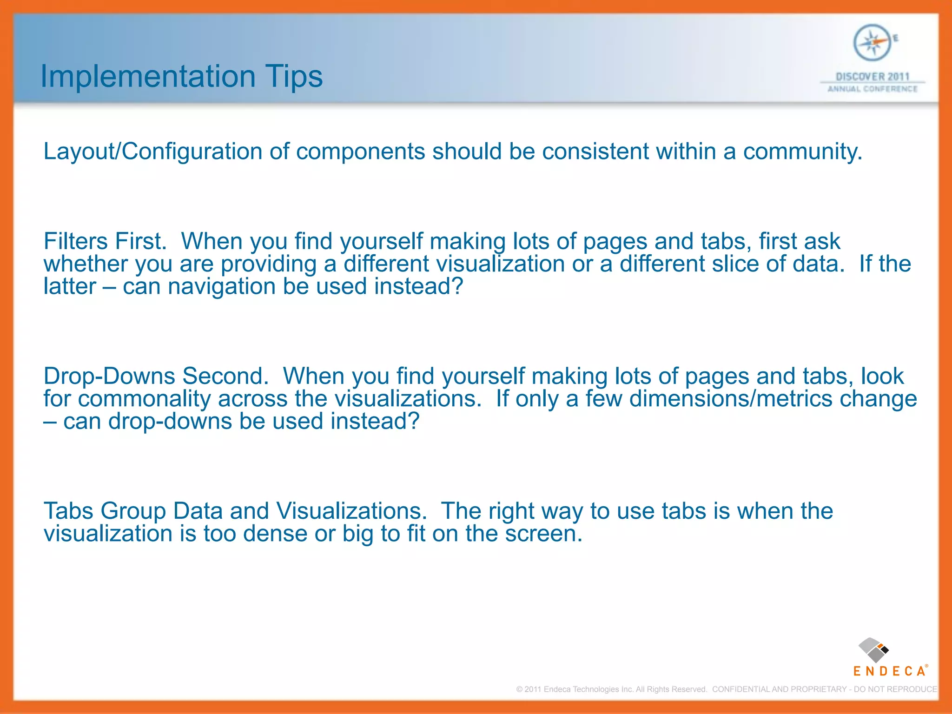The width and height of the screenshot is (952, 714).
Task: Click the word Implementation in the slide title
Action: tap(148, 76)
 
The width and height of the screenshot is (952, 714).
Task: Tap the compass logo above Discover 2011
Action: tap(872, 43)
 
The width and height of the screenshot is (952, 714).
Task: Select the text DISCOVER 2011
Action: tap(872, 77)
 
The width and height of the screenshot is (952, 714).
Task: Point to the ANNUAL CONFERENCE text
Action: tap(872, 89)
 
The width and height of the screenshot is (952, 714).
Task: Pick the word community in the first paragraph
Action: tap(802, 152)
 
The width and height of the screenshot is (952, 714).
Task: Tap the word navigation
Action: tap(222, 286)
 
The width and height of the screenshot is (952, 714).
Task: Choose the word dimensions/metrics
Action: tap(731, 399)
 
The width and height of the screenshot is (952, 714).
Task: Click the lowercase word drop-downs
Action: tap(170, 422)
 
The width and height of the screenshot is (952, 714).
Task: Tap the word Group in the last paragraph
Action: tap(133, 511)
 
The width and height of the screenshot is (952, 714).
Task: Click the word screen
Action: tap(543, 534)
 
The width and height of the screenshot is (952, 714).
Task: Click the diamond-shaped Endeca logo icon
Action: tap(873, 650)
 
